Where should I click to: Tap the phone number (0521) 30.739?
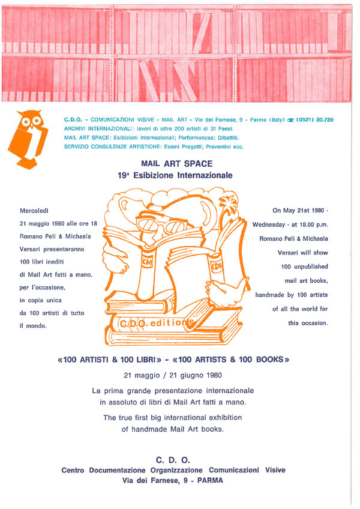click(314, 120)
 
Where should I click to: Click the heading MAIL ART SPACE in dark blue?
click(177, 164)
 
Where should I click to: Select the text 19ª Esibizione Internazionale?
click(175, 175)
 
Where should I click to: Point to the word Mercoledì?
click(34, 211)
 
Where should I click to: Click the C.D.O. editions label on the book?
click(157, 323)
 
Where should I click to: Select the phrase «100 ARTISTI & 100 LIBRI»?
click(109, 360)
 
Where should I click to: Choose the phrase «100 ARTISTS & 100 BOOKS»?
click(231, 360)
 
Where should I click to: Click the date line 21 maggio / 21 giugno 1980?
click(173, 376)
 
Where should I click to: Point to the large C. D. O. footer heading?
click(173, 460)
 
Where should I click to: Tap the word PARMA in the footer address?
click(210, 480)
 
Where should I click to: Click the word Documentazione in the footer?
click(117, 471)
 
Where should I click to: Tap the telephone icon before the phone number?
click(290, 120)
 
